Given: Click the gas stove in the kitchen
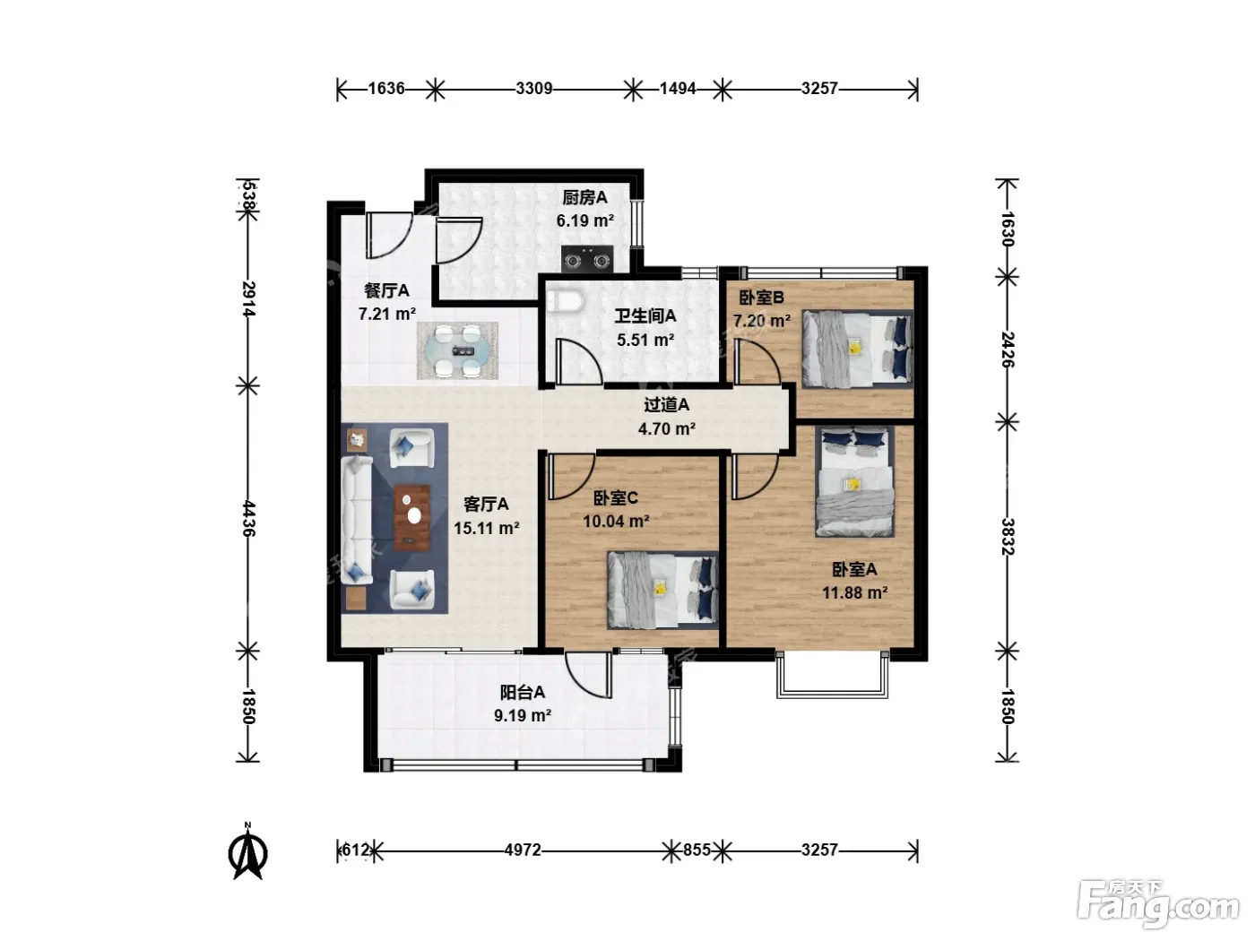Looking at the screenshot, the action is (587, 259).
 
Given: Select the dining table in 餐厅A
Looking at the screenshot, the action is (457, 350).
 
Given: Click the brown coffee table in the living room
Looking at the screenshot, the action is (411, 518).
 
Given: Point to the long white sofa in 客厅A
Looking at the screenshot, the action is (357, 520).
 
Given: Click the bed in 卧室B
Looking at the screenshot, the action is (857, 349).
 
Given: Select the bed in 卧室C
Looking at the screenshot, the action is (662, 590).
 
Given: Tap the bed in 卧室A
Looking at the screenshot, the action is (855, 481).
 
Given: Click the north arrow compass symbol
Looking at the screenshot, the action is (247, 851).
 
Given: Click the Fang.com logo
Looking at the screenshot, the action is (1158, 904).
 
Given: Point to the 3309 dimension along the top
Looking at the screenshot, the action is (534, 89).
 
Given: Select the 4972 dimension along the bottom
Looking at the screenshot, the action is (523, 850).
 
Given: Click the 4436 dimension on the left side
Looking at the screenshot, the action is (248, 518).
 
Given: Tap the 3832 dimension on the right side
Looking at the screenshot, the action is (1008, 537).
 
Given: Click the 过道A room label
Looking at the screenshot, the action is (667, 404).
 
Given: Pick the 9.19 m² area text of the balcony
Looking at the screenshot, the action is (523, 715).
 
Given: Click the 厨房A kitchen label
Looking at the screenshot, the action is (584, 197).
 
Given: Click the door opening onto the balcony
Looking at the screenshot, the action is (589, 675).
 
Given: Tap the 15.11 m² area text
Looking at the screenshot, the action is (487, 528).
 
